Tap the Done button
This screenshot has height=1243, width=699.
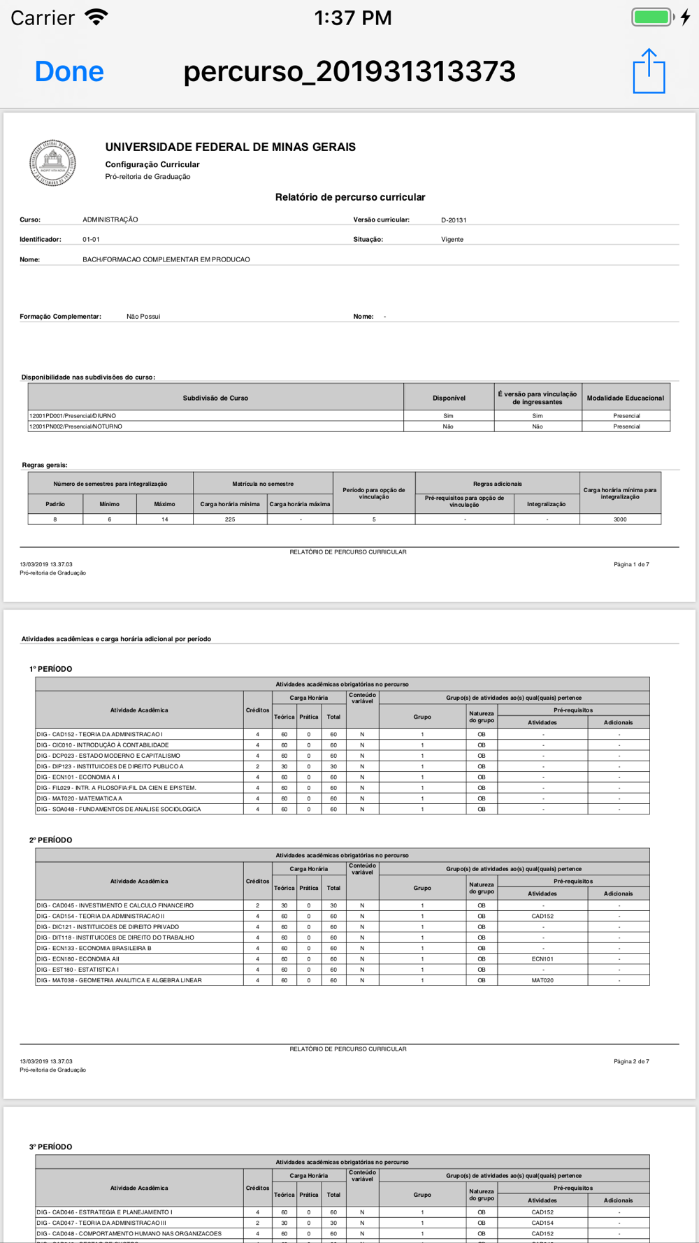pos(69,71)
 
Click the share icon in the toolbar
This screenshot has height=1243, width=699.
pos(649,71)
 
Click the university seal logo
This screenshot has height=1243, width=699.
pos(52,163)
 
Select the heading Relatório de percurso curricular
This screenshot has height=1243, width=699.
pos(349,197)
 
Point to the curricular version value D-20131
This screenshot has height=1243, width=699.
pos(454,220)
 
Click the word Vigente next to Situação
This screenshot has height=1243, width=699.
pos(452,240)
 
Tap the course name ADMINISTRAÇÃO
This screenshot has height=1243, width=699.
pos(110,220)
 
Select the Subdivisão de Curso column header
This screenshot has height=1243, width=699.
pos(215,398)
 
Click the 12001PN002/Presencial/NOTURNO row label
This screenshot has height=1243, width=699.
pos(75,426)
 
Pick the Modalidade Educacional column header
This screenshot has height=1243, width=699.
pos(625,398)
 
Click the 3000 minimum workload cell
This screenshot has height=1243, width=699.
pos(620,519)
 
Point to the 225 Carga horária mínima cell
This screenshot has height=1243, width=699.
pos(230,519)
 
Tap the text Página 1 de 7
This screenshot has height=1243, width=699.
pos(631,564)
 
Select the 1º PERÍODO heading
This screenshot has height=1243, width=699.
pos(51,669)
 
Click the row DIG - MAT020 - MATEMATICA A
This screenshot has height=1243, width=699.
pos(80,798)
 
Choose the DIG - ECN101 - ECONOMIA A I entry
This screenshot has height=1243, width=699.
pos(78,777)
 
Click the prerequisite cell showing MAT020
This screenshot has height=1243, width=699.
pos(542,980)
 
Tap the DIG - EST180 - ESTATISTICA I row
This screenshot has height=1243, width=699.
pos(78,970)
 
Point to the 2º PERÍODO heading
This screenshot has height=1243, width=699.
pos(51,840)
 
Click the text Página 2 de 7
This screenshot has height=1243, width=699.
pos(631,1061)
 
